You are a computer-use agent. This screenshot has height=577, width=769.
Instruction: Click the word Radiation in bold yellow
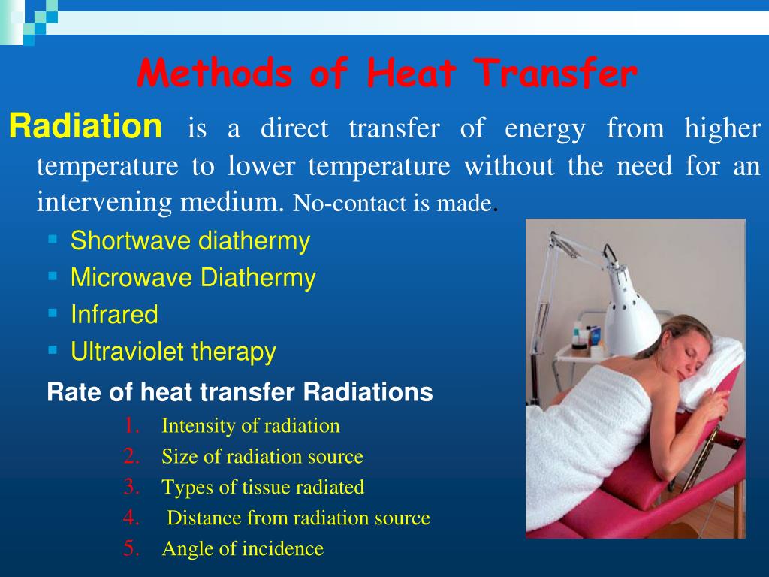pos(85,127)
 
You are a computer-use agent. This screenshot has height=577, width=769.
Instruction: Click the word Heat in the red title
pos(412,75)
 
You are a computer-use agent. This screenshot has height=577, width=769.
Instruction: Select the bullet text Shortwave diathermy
pos(190,241)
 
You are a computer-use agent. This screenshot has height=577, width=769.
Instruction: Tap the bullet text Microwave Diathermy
pos(193,278)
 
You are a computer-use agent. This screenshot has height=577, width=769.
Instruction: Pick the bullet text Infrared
pos(114,315)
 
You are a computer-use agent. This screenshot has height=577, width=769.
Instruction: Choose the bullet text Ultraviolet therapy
pos(173,352)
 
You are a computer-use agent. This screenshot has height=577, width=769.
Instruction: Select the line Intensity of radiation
pos(251,427)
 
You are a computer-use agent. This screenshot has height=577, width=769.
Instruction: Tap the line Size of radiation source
pos(262,457)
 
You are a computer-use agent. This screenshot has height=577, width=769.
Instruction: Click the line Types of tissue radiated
pos(263,488)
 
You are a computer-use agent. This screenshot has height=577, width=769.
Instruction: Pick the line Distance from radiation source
pos(298,518)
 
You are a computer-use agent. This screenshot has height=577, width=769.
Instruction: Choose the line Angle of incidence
pos(243,549)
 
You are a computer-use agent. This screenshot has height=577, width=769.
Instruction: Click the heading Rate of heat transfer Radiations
pos(240,392)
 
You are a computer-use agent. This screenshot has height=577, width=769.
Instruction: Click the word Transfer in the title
pos(556,75)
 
